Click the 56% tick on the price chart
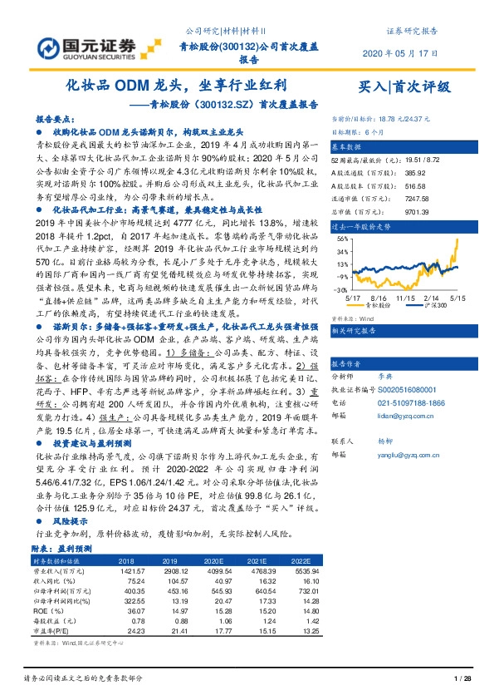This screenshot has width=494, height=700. tap(341, 238)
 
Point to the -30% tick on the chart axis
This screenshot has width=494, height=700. tap(340, 291)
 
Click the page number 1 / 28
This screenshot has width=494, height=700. tap(463, 680)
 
